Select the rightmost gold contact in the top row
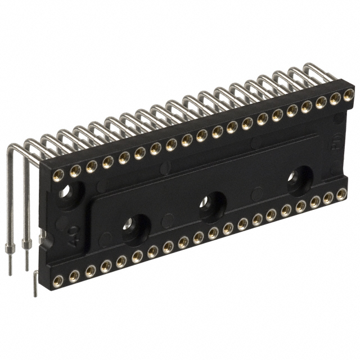point(349,94)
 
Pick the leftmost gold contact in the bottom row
point(58,280)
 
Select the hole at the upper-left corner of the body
point(66,192)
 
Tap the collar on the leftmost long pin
point(10,248)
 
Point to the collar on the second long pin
point(26,244)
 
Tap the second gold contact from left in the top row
point(75,169)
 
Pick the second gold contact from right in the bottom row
point(327,198)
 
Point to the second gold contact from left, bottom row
point(74,275)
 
